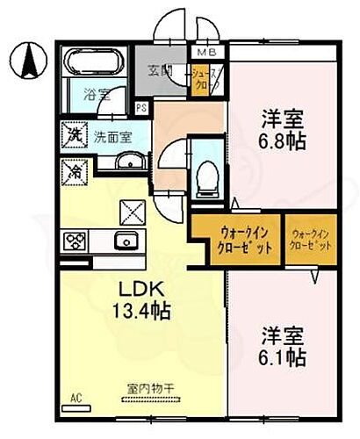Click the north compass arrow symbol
pyautogui.click(x=27, y=59)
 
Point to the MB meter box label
pyautogui.click(x=203, y=52)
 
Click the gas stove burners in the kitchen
pyautogui.click(x=73, y=239)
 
